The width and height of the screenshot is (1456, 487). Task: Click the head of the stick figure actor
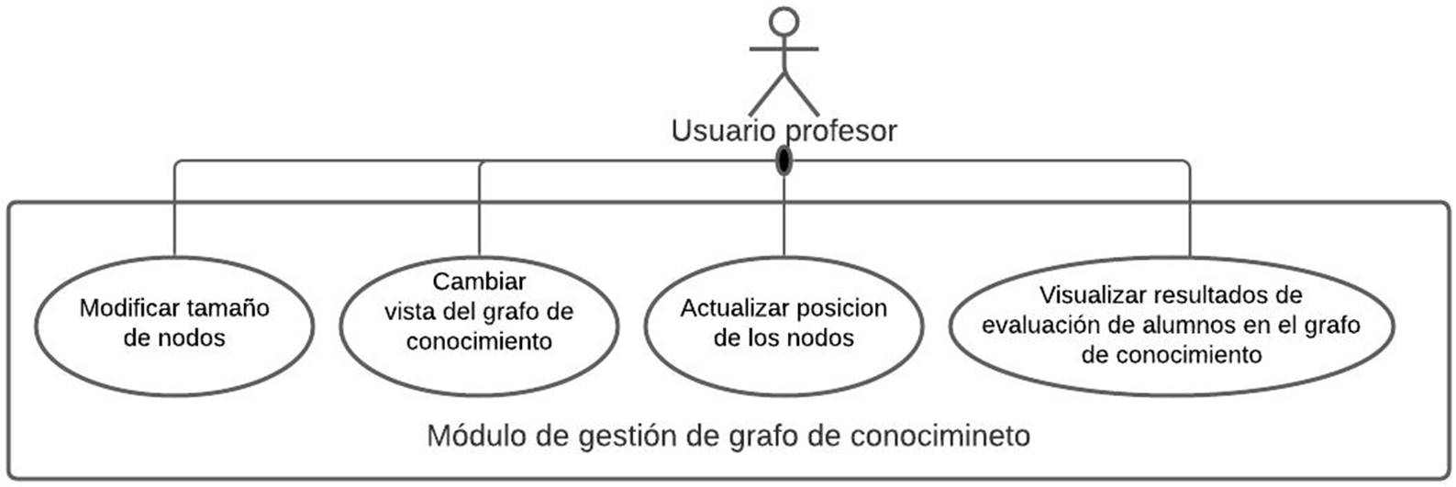(783, 22)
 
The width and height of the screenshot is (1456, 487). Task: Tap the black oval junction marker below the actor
(783, 160)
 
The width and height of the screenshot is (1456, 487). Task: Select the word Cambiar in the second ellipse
(479, 281)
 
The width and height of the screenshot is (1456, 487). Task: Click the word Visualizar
(1092, 295)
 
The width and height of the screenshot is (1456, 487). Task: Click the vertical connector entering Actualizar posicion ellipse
(784, 220)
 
